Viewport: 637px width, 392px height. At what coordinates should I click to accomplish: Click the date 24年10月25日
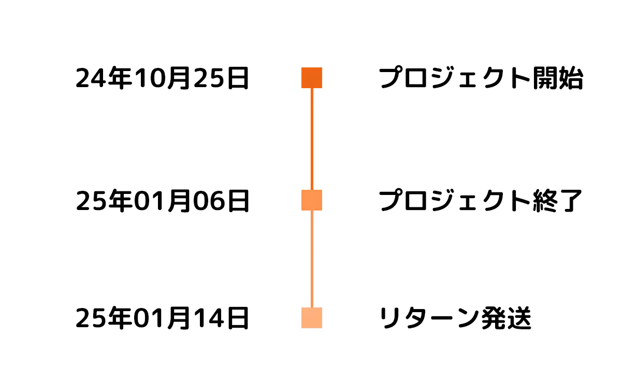[162, 79]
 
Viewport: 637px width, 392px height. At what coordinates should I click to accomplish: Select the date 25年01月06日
[162, 201]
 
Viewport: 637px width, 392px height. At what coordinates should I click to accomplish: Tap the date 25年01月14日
[162, 318]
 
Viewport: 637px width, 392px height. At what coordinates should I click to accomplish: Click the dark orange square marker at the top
[312, 78]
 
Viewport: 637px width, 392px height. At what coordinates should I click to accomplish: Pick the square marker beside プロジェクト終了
[312, 200]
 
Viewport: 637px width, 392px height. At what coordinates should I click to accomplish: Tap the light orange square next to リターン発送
[312, 318]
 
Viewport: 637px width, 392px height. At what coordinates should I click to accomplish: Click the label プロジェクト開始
[481, 79]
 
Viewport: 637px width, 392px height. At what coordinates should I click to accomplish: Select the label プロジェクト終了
[481, 201]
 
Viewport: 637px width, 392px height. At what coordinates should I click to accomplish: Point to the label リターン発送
[455, 318]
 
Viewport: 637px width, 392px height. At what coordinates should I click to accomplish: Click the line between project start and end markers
[312, 139]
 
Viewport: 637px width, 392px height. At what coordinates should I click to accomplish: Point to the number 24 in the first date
[88, 79]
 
